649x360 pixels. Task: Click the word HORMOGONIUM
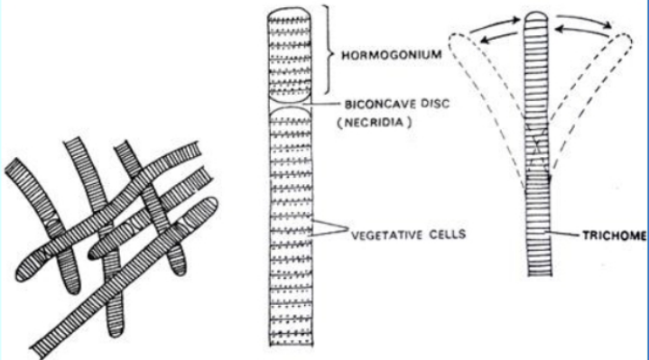tap(384, 54)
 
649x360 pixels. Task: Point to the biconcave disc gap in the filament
tap(291, 104)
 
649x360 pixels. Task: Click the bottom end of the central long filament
tap(291, 341)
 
